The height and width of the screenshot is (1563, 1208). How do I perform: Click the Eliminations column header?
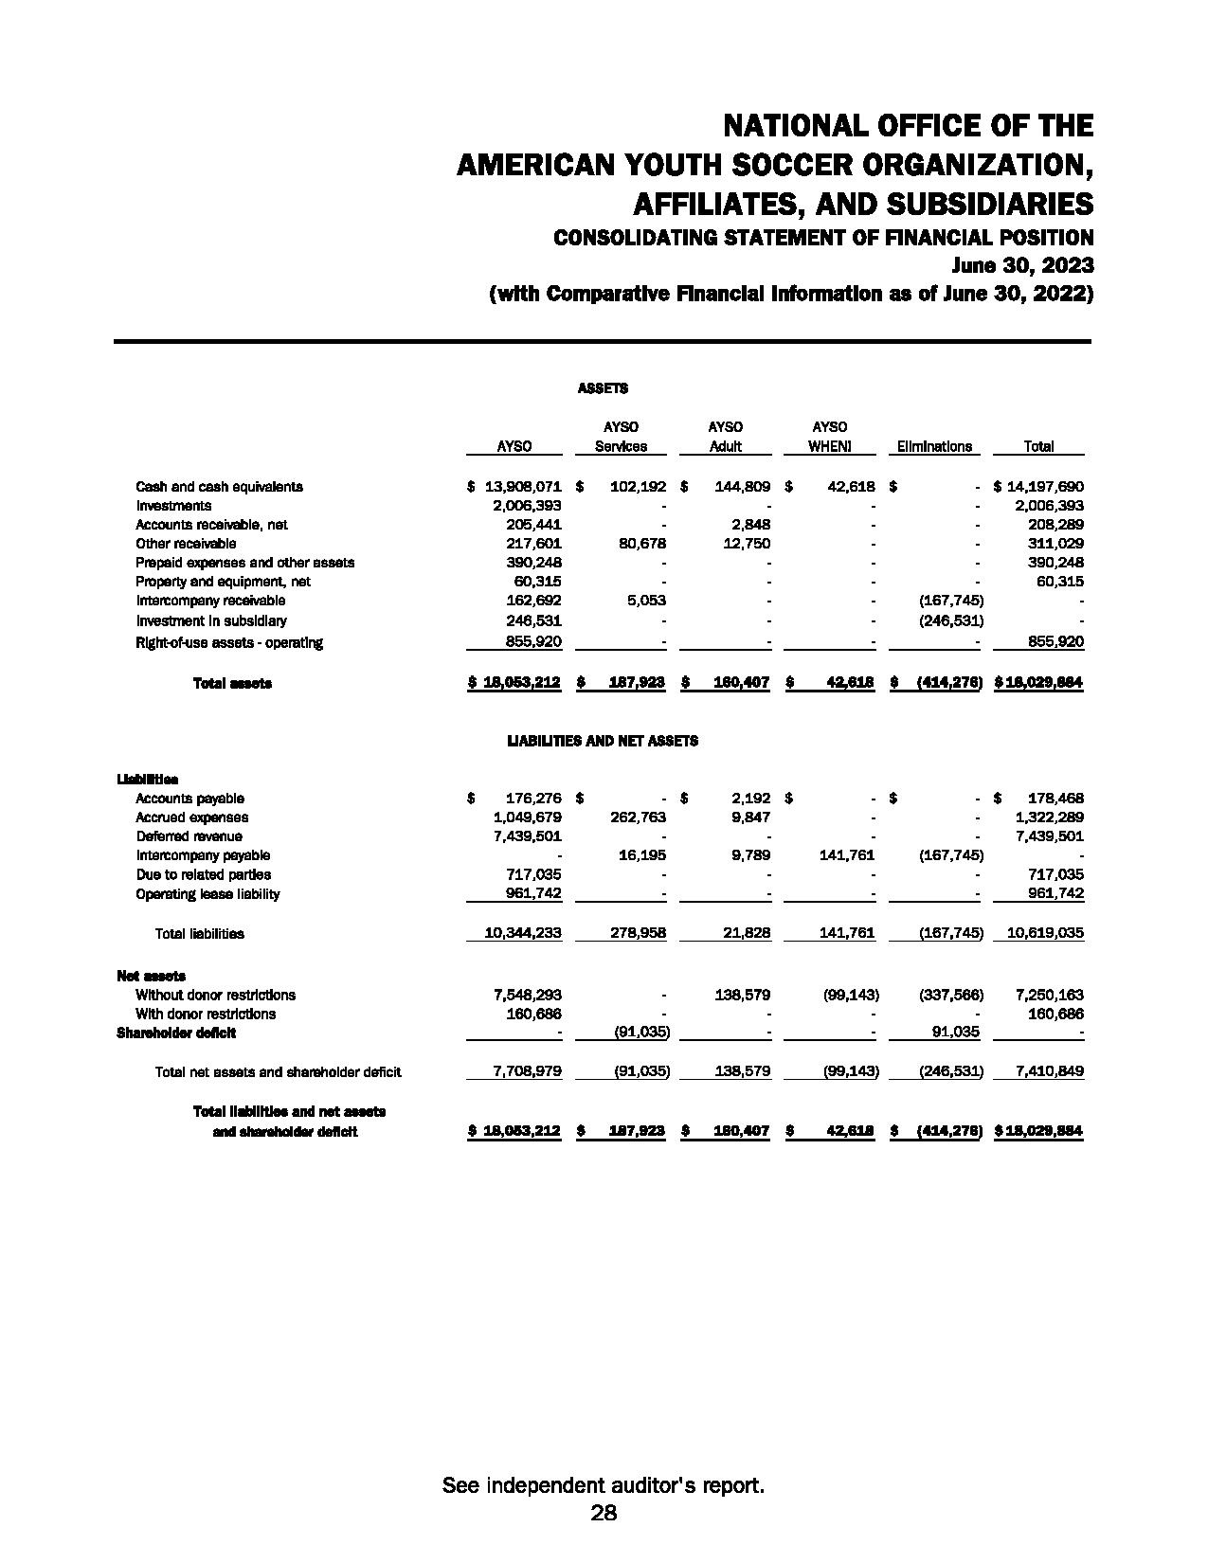point(934,446)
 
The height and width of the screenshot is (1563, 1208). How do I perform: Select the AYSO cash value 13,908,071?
point(523,487)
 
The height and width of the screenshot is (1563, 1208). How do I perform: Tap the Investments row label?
point(173,506)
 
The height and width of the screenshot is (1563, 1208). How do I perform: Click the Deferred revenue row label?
point(189,836)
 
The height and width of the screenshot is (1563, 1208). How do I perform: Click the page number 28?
point(604,1513)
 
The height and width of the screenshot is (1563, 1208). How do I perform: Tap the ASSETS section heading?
point(603,388)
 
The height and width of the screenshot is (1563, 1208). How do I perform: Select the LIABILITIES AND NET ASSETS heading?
point(603,741)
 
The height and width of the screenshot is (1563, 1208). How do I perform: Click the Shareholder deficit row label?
point(176,1033)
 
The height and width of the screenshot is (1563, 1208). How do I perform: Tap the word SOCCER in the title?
point(788,165)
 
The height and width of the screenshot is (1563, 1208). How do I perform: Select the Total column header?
point(1038,446)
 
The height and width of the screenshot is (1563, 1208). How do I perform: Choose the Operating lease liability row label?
point(207,894)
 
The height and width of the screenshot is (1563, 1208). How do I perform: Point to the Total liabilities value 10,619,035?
point(1045,933)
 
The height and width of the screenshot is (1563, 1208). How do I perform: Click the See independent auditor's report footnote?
point(604,1485)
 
